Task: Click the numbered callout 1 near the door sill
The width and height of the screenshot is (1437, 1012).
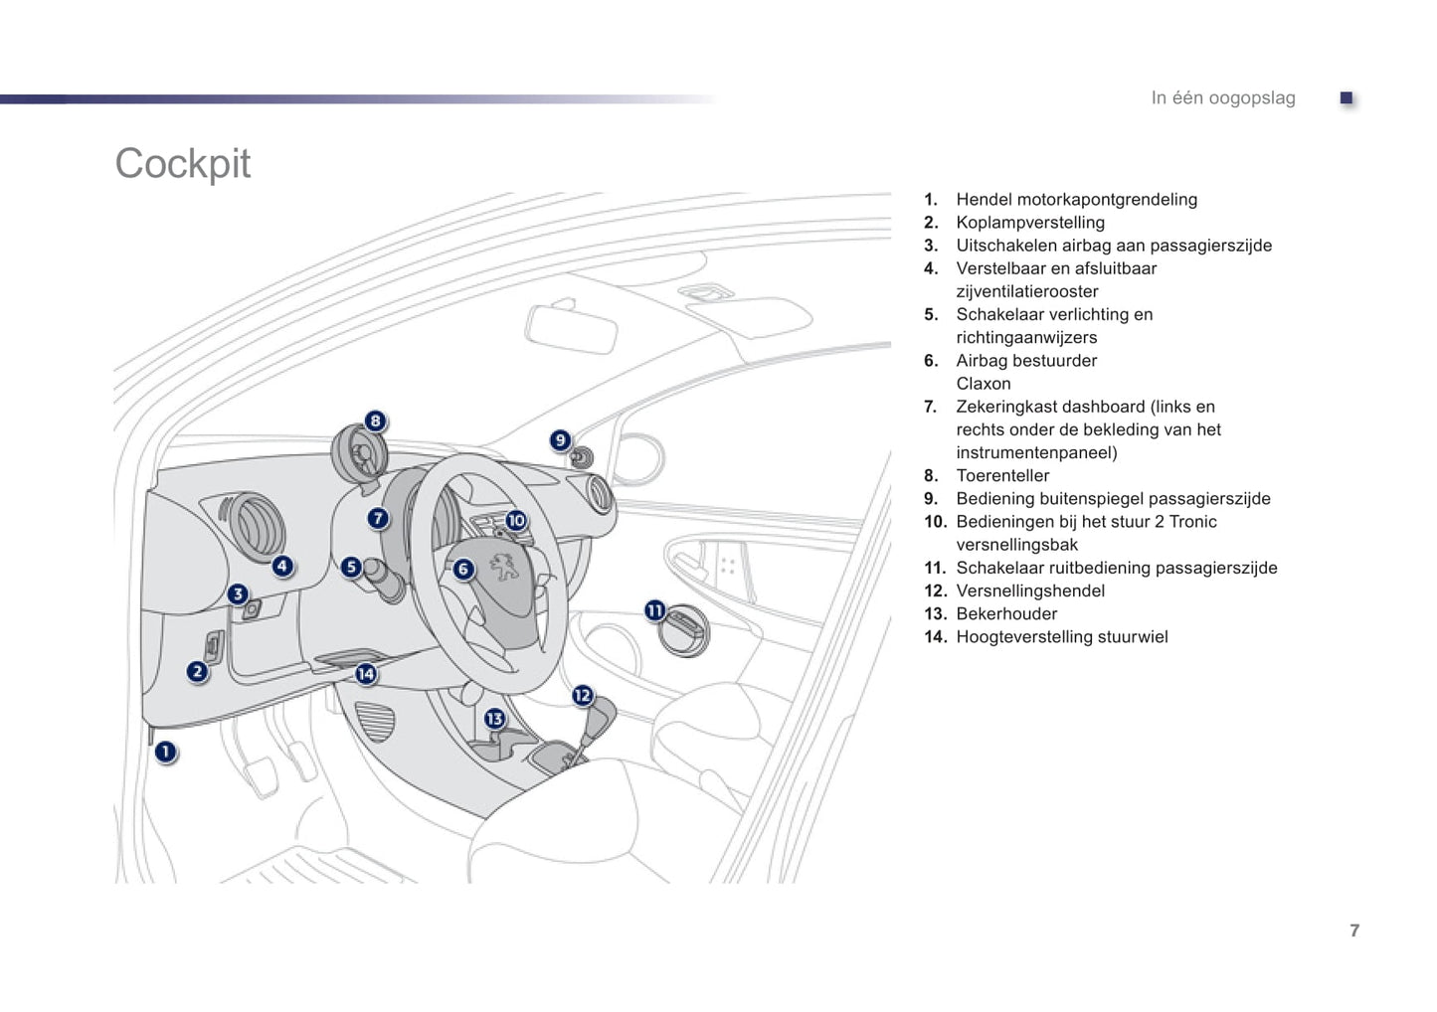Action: point(165,752)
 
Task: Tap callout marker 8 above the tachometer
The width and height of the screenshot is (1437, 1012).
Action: point(375,421)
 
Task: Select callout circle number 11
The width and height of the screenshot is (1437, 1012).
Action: point(654,610)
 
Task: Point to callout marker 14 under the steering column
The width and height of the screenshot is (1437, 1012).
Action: point(366,673)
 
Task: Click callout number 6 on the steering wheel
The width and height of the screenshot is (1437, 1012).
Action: point(463,569)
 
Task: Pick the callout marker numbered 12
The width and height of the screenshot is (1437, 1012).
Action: point(583,695)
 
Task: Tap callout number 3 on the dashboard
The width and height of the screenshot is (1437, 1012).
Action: point(238,593)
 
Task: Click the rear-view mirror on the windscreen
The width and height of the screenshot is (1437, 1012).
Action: point(570,328)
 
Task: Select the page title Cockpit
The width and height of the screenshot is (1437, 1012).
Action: point(183,164)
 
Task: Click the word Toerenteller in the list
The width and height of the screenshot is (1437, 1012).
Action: point(1002,476)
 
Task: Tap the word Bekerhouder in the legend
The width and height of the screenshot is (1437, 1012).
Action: point(1006,613)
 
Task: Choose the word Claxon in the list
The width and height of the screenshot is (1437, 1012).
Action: point(984,384)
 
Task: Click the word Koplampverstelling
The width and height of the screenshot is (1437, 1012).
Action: point(1030,223)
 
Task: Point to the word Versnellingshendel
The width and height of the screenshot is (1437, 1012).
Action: point(1030,590)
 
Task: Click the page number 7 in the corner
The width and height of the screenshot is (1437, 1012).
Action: point(1354,929)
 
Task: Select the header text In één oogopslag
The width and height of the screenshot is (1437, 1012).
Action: point(1223,98)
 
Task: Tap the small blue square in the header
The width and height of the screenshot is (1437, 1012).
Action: point(1347,98)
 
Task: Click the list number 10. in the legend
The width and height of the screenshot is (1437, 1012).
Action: point(936,522)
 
